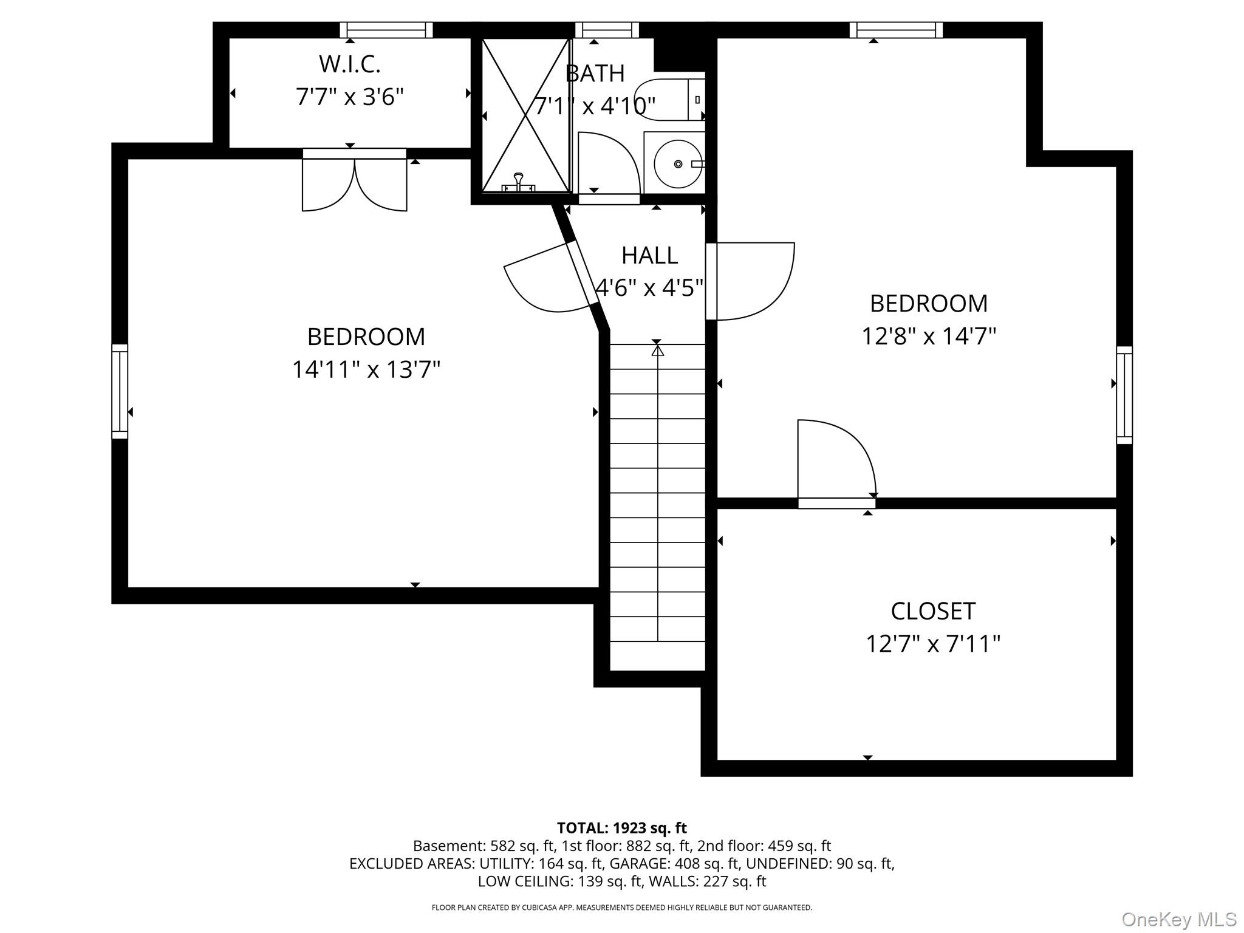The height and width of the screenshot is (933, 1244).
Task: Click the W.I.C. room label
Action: pyautogui.click(x=349, y=64)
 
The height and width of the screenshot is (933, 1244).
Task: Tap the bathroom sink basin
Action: pyautogui.click(x=677, y=164)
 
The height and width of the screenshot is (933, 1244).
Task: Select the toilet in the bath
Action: pyautogui.click(x=668, y=100)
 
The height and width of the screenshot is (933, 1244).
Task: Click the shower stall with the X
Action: pyautogui.click(x=526, y=115)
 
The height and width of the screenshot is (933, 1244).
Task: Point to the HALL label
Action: pyautogui.click(x=649, y=256)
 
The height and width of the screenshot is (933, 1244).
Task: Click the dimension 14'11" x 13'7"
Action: pyautogui.click(x=366, y=369)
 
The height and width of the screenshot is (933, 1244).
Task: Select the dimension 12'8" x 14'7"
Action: pyautogui.click(x=929, y=336)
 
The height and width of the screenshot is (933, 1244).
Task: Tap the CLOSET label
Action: pyautogui.click(x=933, y=611)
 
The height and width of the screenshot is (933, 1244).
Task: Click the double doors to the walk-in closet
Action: pyautogui.click(x=355, y=182)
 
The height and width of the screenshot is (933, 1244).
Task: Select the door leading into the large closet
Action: pyautogui.click(x=835, y=462)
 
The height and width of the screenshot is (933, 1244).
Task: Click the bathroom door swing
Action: pyautogui.click(x=607, y=167)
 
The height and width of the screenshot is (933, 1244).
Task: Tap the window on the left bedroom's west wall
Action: pyautogui.click(x=120, y=391)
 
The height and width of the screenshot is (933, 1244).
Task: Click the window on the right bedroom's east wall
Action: pyautogui.click(x=1124, y=395)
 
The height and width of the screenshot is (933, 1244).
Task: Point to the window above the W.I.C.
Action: pyautogui.click(x=386, y=30)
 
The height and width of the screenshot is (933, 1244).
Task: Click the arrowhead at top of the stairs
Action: pyautogui.click(x=657, y=351)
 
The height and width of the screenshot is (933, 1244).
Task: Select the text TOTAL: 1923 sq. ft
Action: pyautogui.click(x=621, y=828)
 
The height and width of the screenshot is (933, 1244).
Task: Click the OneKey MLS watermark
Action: pyautogui.click(x=1178, y=919)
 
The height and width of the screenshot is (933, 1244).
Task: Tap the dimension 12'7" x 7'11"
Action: pyautogui.click(x=933, y=644)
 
